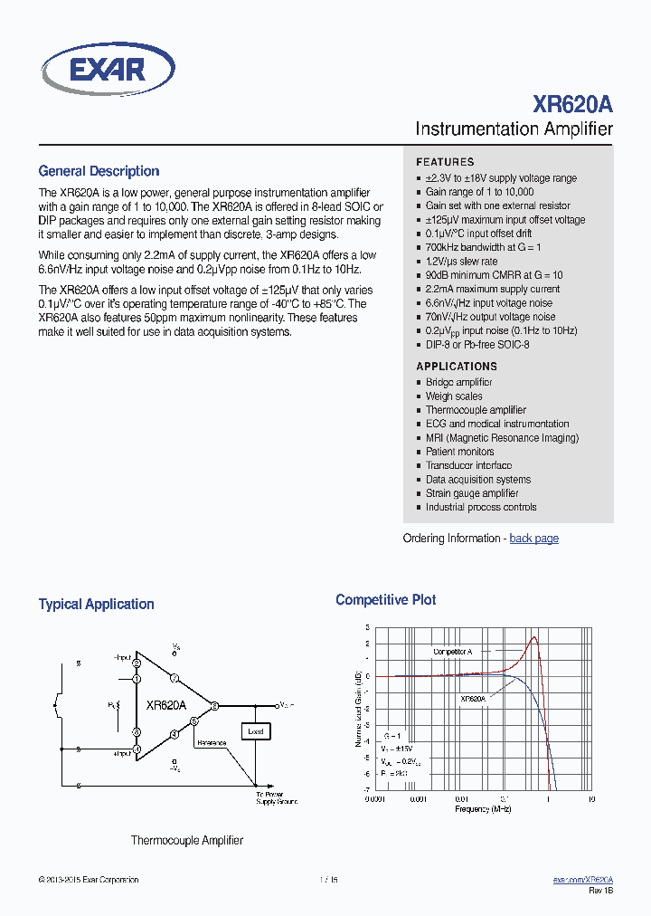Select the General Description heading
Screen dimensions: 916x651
pos(99,171)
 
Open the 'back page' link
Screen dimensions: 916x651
pos(533,539)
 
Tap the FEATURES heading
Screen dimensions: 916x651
pos(445,162)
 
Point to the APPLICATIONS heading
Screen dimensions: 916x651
pos(457,367)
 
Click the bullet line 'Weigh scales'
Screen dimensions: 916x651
pos(454,396)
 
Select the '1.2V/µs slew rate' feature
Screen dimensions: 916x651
pos(461,262)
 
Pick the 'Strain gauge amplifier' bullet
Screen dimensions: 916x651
pos(472,493)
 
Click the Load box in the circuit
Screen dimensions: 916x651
pos(255,730)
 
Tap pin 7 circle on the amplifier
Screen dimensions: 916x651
pos(175,678)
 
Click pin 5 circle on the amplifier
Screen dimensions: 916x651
pos(193,721)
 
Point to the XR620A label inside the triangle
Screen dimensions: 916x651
pos(166,705)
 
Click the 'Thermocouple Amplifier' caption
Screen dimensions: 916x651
pos(187,841)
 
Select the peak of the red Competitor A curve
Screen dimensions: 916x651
pos(533,638)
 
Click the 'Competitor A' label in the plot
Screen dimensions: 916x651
pos(452,652)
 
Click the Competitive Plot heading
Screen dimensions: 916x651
pos(385,600)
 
